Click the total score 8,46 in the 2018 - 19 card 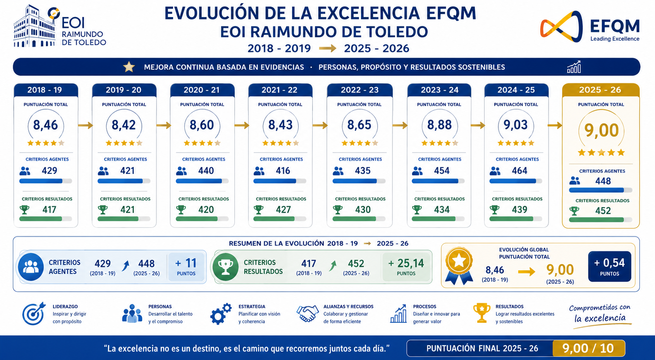(x=45, y=125)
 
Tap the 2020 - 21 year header (x=202, y=90)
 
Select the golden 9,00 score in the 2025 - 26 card (x=601, y=130)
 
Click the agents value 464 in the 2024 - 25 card (x=519, y=171)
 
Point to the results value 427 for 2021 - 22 (x=284, y=209)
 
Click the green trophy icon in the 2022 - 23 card (x=338, y=209)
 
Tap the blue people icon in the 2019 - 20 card (x=103, y=171)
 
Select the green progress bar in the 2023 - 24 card (x=438, y=219)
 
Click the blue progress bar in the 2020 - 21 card (x=202, y=181)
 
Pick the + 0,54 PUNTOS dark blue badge (x=610, y=266)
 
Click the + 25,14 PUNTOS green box (x=406, y=267)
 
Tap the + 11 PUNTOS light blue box (x=186, y=267)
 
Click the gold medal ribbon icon (x=459, y=265)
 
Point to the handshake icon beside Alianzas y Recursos (x=307, y=314)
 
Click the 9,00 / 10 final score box (x=588, y=348)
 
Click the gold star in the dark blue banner (x=129, y=67)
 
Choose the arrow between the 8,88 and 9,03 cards (x=478, y=125)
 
